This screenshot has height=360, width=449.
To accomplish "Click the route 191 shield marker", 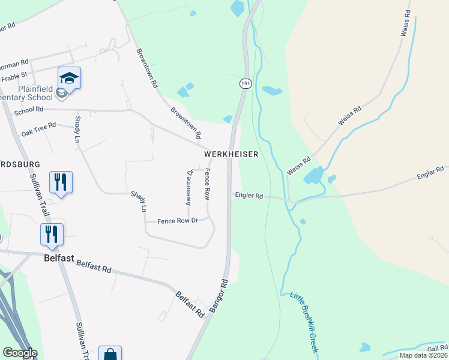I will coord(245,84).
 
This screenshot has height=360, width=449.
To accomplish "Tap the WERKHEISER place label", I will coord(231,154).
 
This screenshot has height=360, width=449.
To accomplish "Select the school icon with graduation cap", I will coord(70,78).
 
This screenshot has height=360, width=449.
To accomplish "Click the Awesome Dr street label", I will coord(189,187).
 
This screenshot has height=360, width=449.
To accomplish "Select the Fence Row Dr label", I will coord(177,221).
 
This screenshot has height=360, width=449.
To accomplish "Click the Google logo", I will coord(20,353).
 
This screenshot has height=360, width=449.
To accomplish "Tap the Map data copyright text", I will coord(423,355).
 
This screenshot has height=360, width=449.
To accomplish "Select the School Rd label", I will coord(29,110).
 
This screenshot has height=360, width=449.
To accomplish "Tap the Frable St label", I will coord(14,76).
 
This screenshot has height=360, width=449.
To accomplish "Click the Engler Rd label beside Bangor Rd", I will coord(249,196).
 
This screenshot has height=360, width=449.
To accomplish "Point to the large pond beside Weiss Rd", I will coord(313,175).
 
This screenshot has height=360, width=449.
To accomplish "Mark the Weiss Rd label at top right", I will coord(406,23).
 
